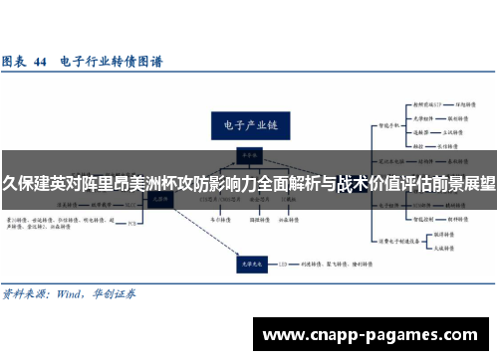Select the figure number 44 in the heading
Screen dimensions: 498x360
(x=41, y=62)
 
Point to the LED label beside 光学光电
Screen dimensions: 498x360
(x=284, y=264)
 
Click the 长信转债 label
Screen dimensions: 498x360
(x=457, y=145)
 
